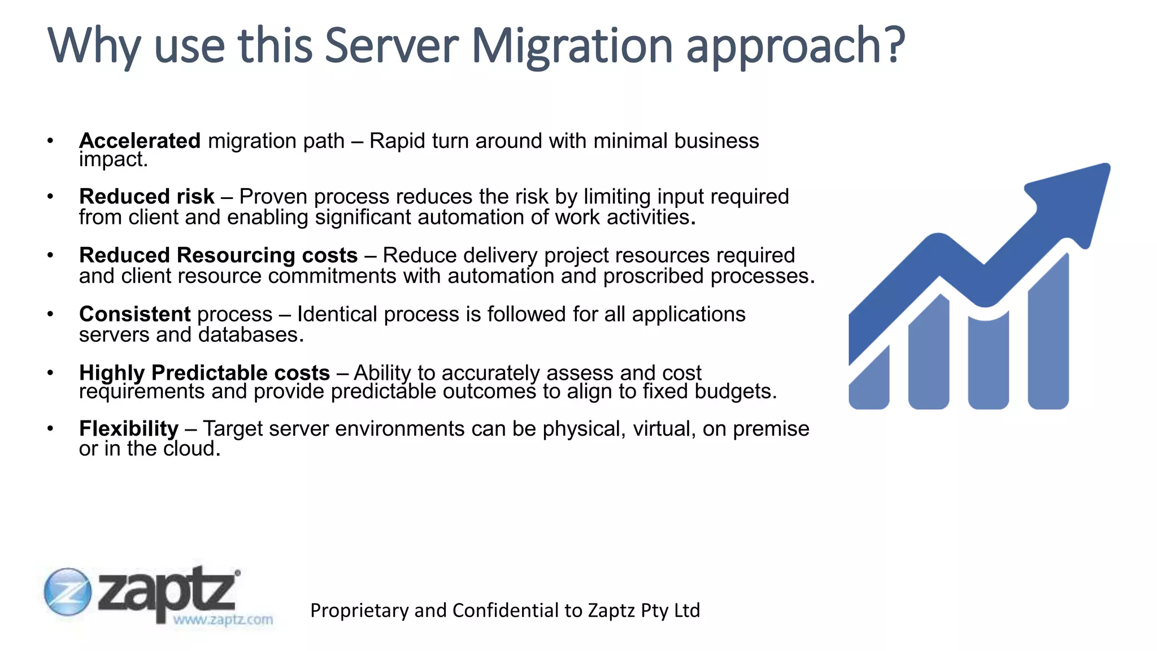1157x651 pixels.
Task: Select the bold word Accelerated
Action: pos(140,141)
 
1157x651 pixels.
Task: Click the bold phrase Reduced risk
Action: pos(146,197)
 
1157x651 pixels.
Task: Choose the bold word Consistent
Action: pos(134,314)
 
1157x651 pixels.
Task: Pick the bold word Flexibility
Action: pos(128,429)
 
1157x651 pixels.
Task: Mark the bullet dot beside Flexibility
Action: pos(50,429)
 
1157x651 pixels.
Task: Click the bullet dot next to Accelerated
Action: pos(50,141)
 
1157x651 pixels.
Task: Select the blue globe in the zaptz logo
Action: pos(67,592)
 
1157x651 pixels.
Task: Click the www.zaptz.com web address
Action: pos(223,620)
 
